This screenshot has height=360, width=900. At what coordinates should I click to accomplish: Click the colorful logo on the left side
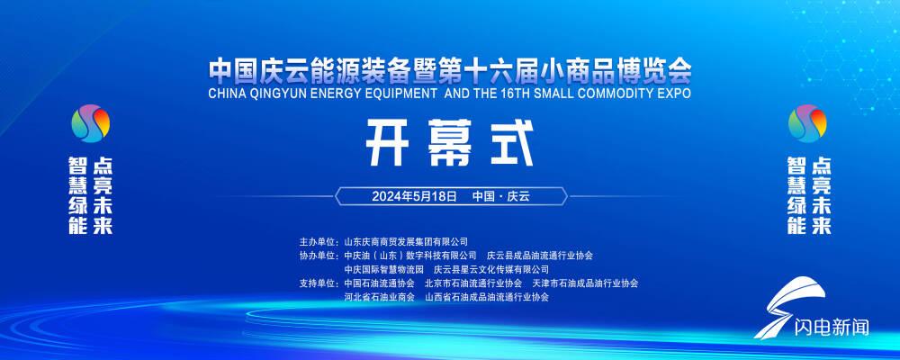click(x=90, y=123)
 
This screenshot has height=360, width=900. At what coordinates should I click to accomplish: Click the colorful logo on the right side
click(x=807, y=123)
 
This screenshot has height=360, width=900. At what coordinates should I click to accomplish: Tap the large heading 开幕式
click(x=450, y=143)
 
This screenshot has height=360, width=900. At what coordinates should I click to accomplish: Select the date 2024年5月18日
click(x=414, y=196)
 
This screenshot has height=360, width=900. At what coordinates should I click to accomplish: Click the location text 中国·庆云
click(x=501, y=196)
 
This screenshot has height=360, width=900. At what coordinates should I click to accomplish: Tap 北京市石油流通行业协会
click(x=473, y=283)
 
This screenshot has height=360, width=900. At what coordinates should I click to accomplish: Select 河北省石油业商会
click(x=379, y=297)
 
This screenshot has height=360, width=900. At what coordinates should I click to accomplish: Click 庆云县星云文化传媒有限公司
click(x=490, y=269)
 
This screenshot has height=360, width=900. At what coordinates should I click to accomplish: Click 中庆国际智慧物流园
click(x=383, y=269)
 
